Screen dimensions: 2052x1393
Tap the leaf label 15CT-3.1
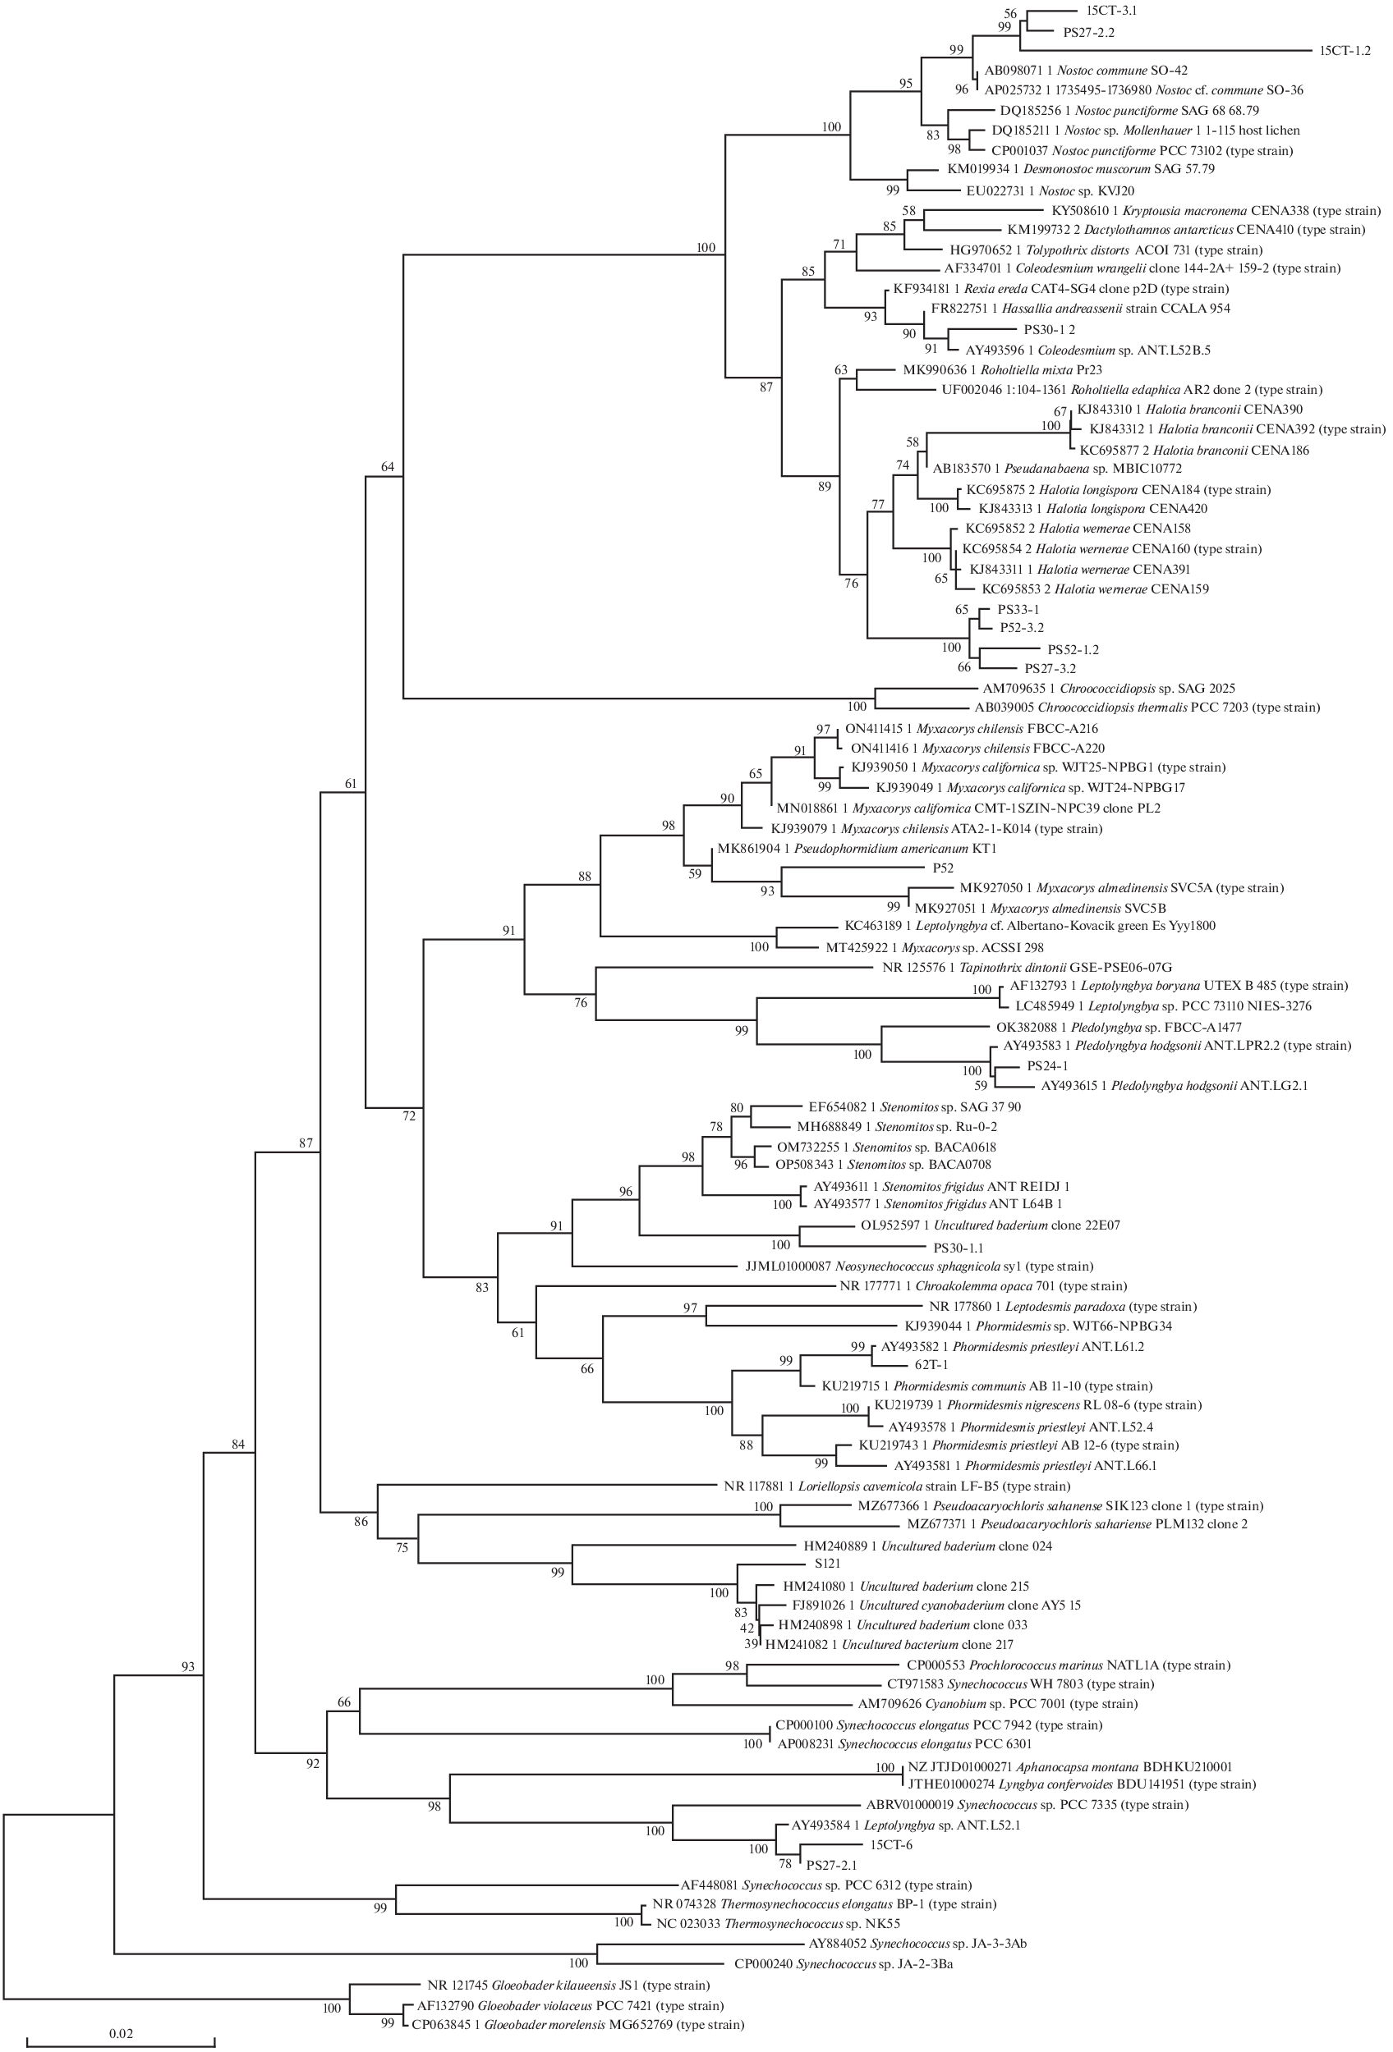coord(1110,11)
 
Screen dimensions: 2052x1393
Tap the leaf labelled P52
coord(944,868)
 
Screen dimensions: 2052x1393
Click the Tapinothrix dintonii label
coord(1027,967)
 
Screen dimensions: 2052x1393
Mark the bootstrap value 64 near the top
coord(387,467)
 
